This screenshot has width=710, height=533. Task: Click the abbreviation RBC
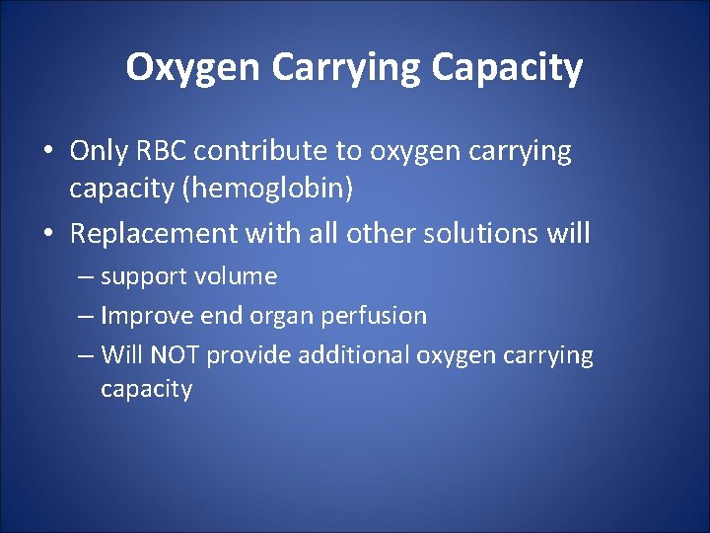click(x=158, y=151)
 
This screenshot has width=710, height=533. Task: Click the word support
click(x=138, y=277)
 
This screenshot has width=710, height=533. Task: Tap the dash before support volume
click(x=87, y=277)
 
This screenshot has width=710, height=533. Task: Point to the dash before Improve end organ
click(x=87, y=317)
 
